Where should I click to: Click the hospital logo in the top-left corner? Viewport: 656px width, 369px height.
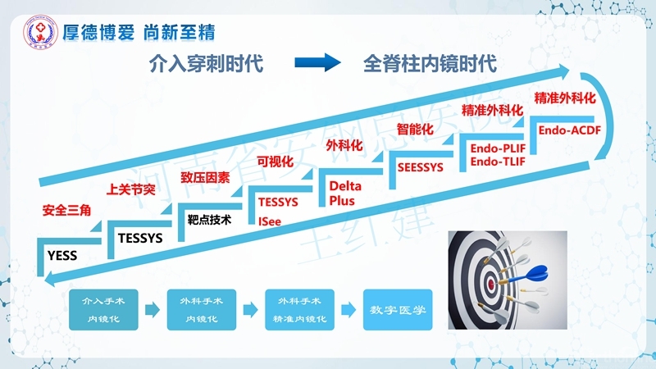click(x=38, y=33)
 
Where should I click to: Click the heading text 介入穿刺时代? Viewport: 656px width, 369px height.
click(x=206, y=63)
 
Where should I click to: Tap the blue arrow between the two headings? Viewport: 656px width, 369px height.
click(x=317, y=63)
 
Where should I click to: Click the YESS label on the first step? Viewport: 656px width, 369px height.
click(x=62, y=256)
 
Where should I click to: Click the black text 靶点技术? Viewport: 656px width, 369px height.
click(x=209, y=220)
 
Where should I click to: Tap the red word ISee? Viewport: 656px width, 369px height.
click(x=270, y=221)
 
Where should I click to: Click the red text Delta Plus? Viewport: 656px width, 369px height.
click(x=345, y=194)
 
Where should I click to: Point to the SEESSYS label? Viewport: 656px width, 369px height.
click(x=420, y=167)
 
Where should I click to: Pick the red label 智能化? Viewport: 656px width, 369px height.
click(x=414, y=129)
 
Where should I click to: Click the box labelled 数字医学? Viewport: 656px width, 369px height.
click(x=397, y=310)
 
